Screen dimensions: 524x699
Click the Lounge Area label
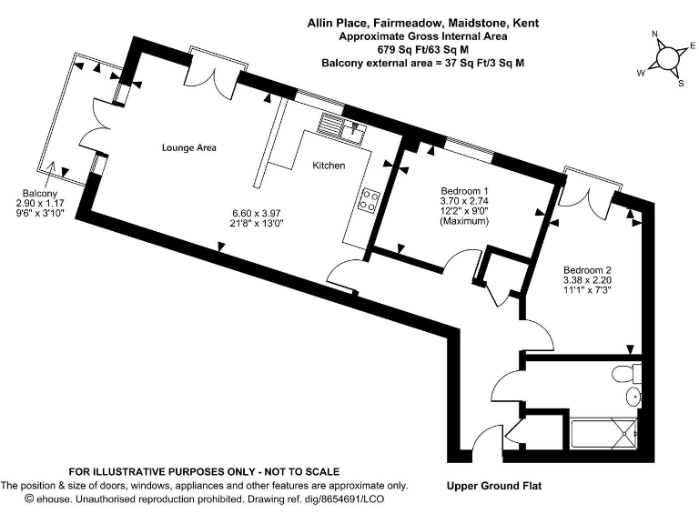(188, 146)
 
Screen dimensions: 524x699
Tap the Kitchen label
(329, 166)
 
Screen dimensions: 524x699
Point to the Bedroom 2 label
(587, 269)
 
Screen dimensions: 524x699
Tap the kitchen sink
(349, 127)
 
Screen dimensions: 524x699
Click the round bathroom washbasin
(633, 397)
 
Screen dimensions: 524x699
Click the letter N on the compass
(654, 35)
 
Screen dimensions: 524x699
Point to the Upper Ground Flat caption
(494, 486)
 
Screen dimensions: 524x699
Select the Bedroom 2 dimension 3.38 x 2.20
(587, 282)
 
